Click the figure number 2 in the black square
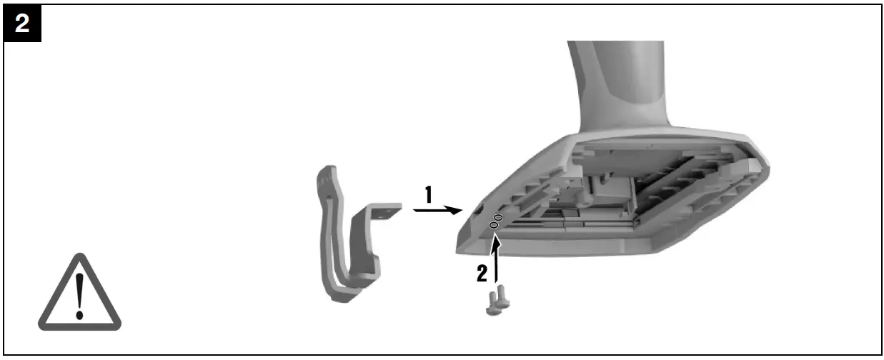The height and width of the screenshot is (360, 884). coord(23,24)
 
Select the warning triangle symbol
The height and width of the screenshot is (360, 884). coord(79,293)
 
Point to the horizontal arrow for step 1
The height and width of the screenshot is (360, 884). coord(437,211)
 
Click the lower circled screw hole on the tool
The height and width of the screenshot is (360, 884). coord(493,225)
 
